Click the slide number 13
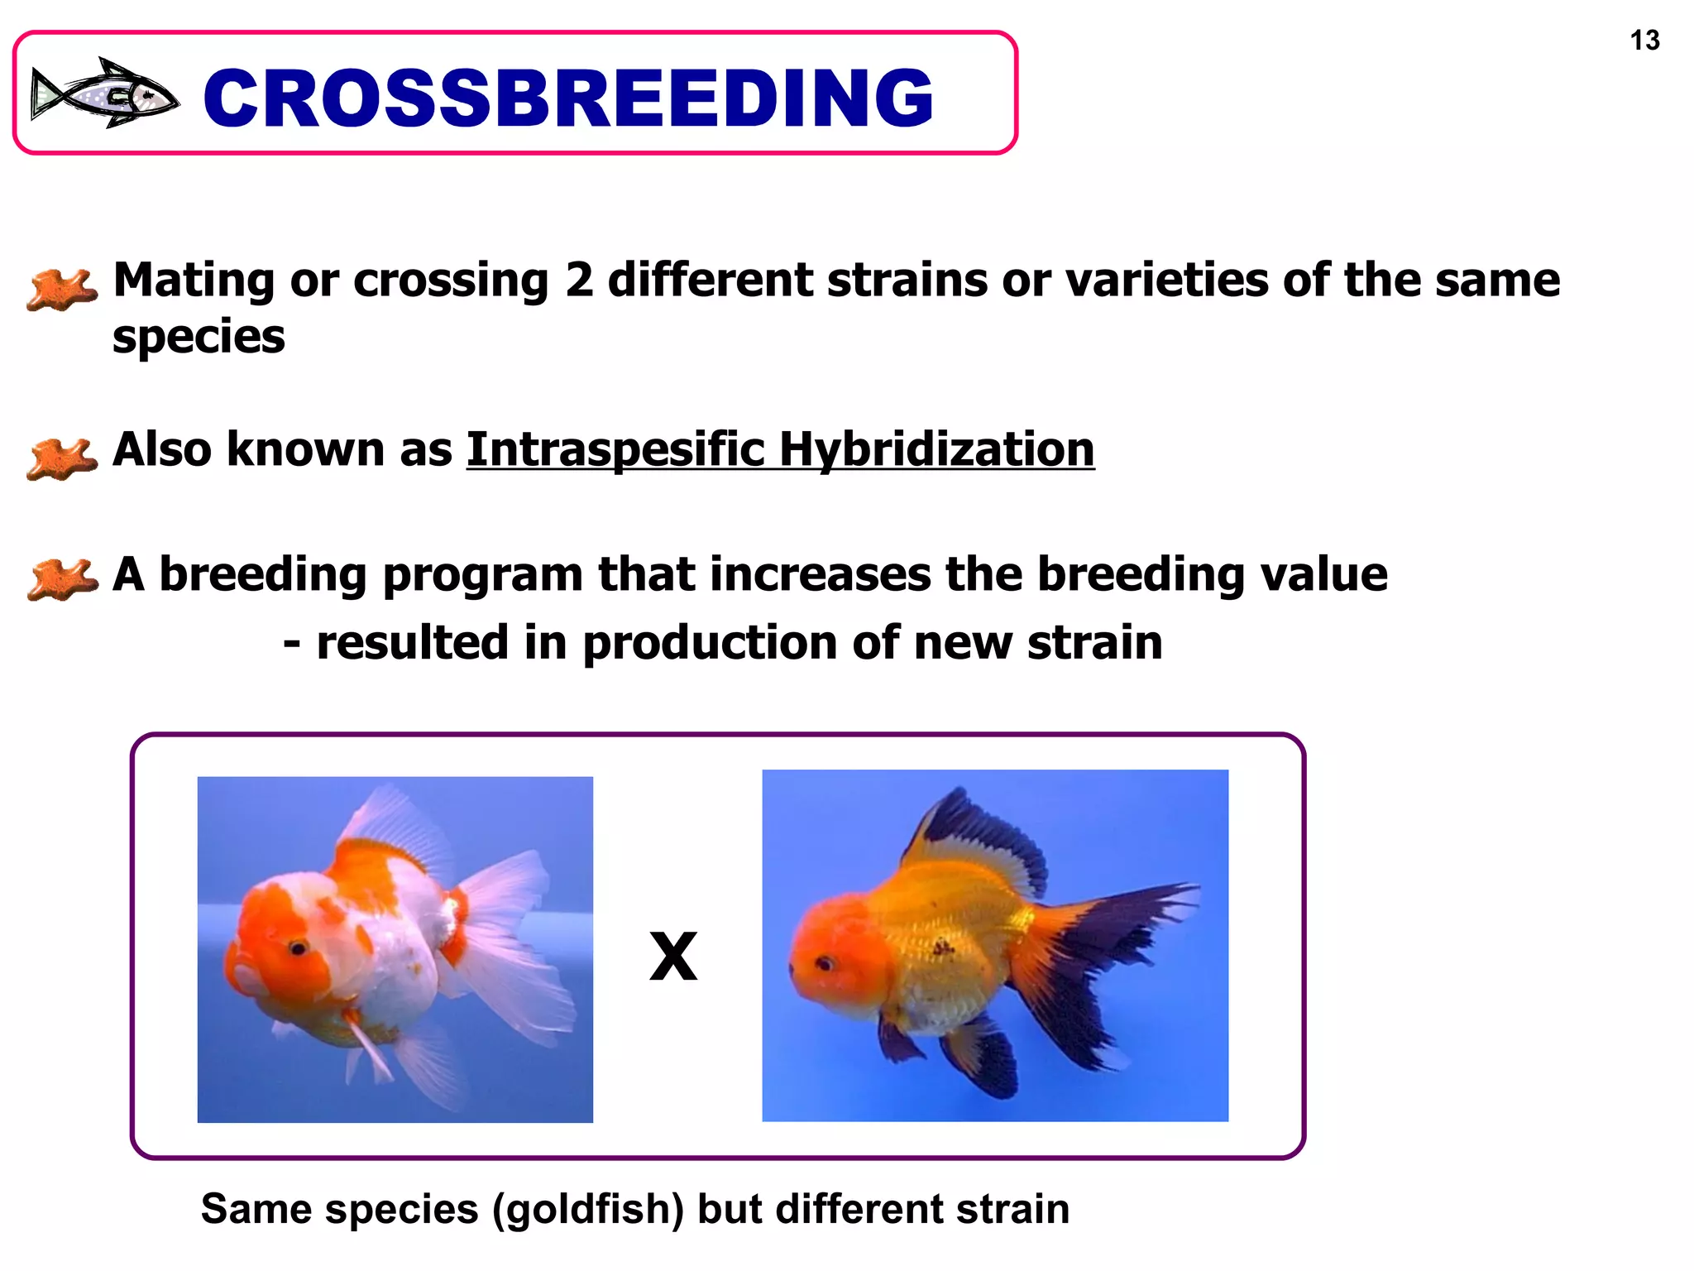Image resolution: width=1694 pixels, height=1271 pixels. click(x=1644, y=41)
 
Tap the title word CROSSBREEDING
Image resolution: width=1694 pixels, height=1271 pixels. click(x=568, y=98)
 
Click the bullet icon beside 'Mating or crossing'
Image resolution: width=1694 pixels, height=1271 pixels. click(x=61, y=289)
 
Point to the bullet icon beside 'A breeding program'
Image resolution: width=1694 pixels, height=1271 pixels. click(x=61, y=578)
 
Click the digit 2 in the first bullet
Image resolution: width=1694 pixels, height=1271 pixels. click(x=579, y=280)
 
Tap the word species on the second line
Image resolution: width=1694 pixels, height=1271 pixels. click(x=199, y=338)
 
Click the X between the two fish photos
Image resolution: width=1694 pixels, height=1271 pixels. click(x=673, y=957)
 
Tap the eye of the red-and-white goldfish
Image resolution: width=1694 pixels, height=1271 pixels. click(x=296, y=947)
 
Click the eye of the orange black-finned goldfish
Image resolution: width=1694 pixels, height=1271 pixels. click(x=824, y=963)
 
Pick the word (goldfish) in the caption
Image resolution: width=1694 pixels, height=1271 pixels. click(x=588, y=1209)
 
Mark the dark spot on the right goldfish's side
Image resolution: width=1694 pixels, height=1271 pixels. click(x=941, y=945)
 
